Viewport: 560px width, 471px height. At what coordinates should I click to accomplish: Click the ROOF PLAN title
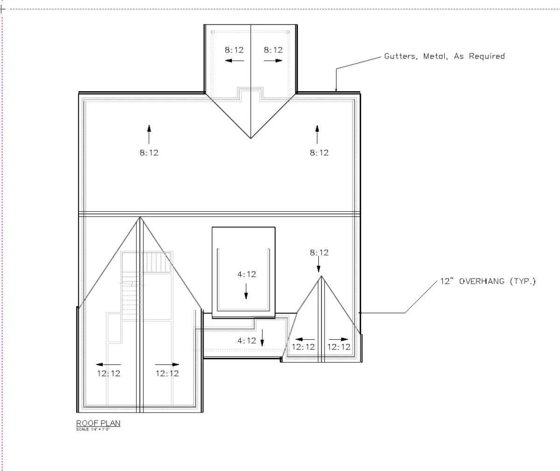pos(98,423)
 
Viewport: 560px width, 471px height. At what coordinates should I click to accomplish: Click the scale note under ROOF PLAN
pos(93,429)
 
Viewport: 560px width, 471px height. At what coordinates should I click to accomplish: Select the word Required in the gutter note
pos(487,57)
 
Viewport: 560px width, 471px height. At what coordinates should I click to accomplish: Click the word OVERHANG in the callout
pos(482,281)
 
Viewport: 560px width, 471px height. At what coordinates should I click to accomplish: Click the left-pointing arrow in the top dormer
pos(235,61)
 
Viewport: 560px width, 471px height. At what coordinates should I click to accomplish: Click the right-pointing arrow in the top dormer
pos(273,61)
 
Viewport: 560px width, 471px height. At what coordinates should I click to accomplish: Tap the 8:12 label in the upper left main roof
pos(149,153)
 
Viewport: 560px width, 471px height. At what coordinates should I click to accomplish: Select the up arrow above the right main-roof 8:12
pos(317,135)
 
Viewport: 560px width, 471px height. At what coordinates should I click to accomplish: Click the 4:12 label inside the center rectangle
pos(247,274)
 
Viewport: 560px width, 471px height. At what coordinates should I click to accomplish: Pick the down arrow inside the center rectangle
pos(246,292)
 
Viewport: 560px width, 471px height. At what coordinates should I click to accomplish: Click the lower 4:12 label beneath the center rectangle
pos(247,341)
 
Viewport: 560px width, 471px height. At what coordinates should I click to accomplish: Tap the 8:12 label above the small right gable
pos(319,253)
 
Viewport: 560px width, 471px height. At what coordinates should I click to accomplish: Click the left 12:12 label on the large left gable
pos(109,373)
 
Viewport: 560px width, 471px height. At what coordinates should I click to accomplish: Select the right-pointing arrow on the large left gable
pos(167,364)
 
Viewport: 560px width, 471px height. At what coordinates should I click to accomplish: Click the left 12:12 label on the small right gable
pos(303,347)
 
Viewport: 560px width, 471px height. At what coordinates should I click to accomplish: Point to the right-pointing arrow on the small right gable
pos(339,339)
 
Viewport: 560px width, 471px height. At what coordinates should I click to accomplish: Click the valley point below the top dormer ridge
pos(251,139)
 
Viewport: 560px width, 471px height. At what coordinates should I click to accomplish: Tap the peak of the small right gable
pos(322,276)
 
